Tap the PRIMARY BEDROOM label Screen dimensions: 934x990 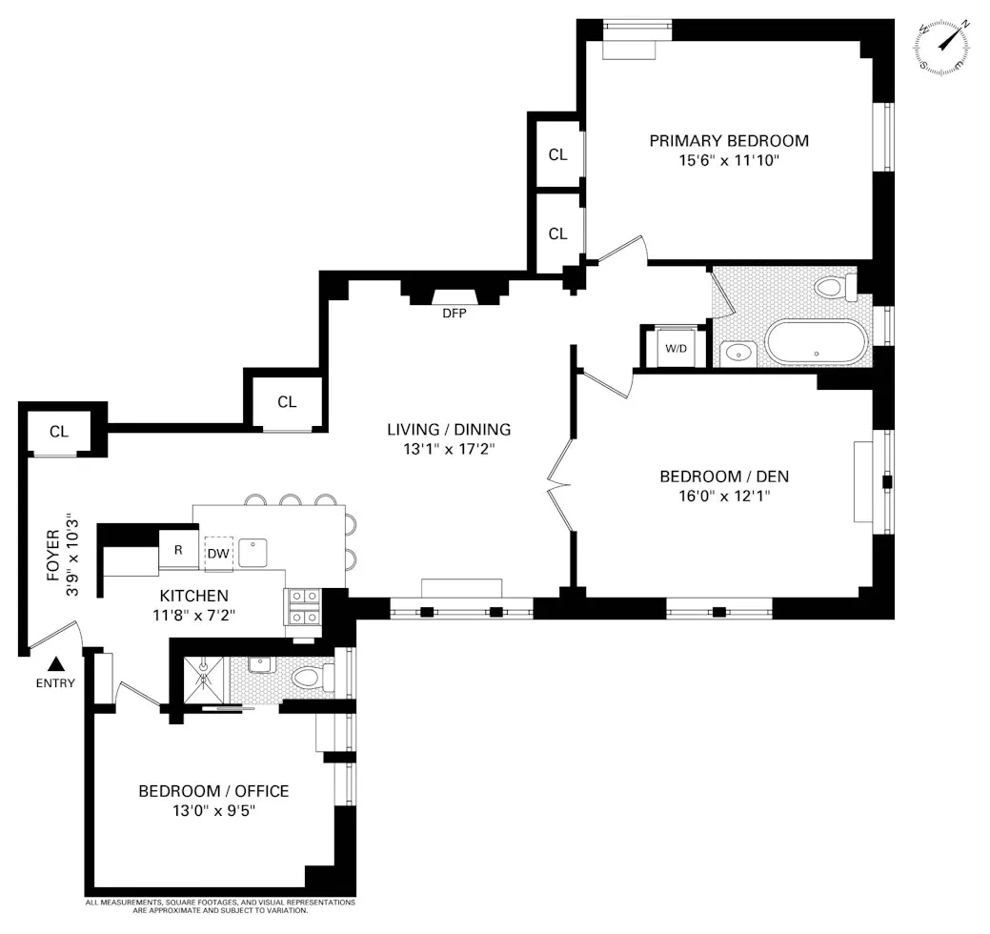point(729,141)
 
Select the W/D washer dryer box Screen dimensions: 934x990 point(676,348)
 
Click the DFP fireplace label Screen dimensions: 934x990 point(454,313)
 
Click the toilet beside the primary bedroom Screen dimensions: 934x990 point(836,287)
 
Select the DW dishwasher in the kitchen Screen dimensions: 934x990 point(218,551)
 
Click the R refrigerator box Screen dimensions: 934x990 point(177,550)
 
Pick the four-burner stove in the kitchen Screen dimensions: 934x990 point(304,606)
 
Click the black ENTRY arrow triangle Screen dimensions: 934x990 point(57,664)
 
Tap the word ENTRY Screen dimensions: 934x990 point(55,683)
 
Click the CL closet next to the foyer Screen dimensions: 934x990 point(59,432)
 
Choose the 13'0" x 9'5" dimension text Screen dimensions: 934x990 point(213,811)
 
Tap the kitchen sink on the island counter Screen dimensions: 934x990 point(253,552)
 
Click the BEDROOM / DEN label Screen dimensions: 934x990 point(724,477)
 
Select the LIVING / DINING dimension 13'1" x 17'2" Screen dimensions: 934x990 point(449,448)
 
